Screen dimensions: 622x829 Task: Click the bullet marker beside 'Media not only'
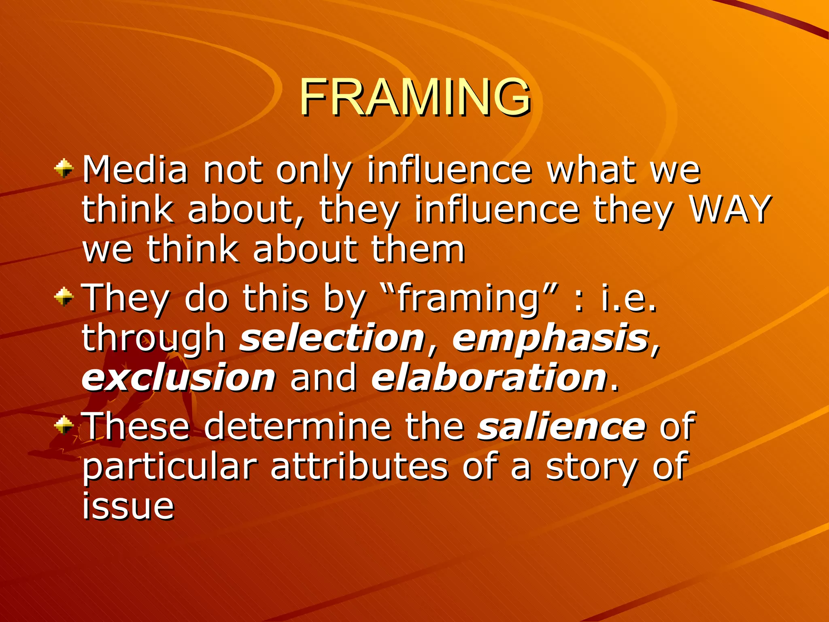[x=64, y=168]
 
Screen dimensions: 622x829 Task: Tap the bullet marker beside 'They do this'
[x=64, y=297]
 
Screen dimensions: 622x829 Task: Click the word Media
[x=135, y=170]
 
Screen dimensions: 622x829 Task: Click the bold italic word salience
[x=561, y=427]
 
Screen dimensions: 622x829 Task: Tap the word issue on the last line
[x=128, y=506]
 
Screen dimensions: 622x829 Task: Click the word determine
[x=298, y=427]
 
